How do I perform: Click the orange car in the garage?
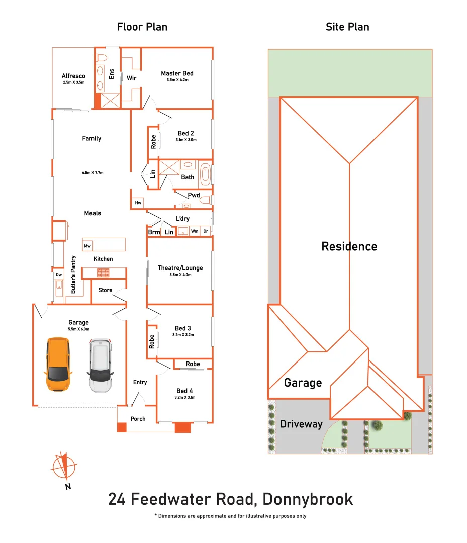58,365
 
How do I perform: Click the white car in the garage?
100,366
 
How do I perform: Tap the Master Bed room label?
177,73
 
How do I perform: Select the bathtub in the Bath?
205,174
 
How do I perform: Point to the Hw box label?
138,203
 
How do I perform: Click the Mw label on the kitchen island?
87,246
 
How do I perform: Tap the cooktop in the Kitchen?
103,273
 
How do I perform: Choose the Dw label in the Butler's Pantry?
59,275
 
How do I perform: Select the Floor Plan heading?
142,27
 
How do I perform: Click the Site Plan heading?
347,27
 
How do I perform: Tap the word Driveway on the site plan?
301,424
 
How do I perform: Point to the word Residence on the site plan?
349,246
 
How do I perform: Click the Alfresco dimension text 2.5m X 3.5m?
74,82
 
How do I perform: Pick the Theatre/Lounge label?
180,268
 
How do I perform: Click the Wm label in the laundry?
195,231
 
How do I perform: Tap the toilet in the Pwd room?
206,200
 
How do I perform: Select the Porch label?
138,419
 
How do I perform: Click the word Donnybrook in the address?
308,499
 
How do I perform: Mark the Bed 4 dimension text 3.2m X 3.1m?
185,397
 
